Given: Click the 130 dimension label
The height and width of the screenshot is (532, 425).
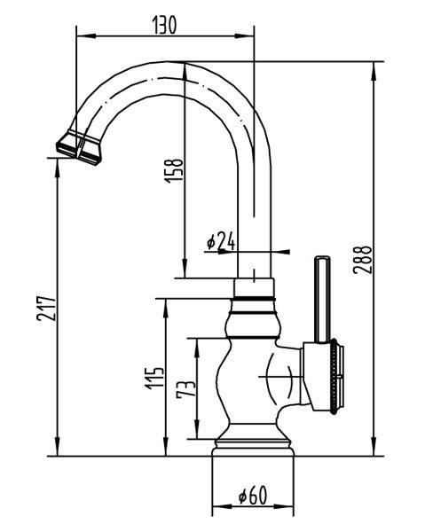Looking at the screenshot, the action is click(165, 26).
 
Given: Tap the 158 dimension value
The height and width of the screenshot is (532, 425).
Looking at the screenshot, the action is click(174, 170).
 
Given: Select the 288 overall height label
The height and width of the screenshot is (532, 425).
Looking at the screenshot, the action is click(363, 260).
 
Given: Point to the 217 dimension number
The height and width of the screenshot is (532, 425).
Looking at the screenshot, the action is click(46, 309).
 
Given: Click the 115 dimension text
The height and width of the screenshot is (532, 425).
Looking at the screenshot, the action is click(154, 378).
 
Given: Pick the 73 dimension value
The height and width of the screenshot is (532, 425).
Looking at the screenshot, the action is click(186, 388).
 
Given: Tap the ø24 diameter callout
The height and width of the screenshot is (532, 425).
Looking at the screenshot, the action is click(221, 241).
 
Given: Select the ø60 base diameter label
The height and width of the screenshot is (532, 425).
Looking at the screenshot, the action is click(253, 495).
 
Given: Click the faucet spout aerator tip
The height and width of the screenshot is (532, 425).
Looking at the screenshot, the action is click(79, 149).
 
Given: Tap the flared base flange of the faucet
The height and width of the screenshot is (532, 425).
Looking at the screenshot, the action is click(253, 448).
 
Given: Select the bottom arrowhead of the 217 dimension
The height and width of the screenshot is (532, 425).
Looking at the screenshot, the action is click(58, 447).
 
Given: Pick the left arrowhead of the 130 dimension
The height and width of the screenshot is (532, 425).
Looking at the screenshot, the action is click(86, 35).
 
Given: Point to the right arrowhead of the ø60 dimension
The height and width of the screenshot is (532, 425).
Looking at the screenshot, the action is click(285, 506).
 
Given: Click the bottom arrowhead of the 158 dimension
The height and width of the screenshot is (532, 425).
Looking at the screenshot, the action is click(185, 269).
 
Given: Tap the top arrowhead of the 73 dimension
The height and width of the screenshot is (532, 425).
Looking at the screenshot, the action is click(197, 348).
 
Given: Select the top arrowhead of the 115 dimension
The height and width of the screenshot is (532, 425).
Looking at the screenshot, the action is click(166, 308).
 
